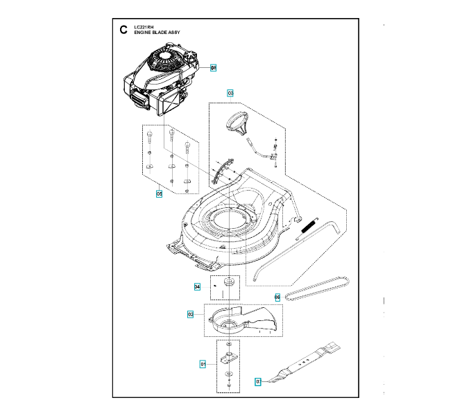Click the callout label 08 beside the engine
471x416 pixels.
(x=214, y=68)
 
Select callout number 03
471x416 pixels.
(x=230, y=93)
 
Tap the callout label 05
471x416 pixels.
(x=159, y=194)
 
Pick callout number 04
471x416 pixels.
(x=197, y=286)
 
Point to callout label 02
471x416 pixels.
(x=190, y=314)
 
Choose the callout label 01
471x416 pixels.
(x=203, y=363)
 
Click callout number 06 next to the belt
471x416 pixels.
(x=277, y=297)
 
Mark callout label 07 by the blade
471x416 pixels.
(x=258, y=381)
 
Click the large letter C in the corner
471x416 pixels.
(x=123, y=30)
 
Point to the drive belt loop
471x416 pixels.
(x=320, y=288)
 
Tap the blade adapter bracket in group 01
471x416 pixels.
(x=228, y=358)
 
